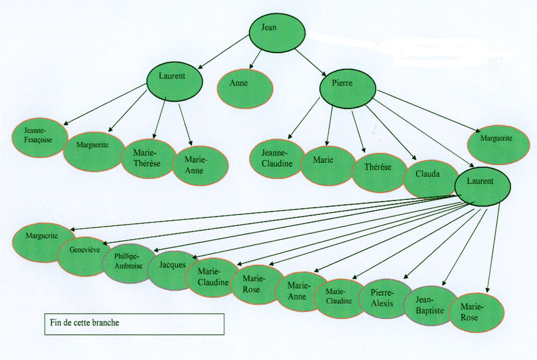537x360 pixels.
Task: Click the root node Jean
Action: click(x=277, y=32)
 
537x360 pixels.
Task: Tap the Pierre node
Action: click(x=347, y=88)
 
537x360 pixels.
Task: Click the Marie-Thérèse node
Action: click(x=148, y=158)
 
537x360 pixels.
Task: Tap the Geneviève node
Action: click(x=85, y=256)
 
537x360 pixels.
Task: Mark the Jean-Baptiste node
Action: click(x=429, y=305)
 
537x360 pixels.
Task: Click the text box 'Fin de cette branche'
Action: click(x=134, y=324)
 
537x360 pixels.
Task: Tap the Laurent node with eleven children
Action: click(x=482, y=185)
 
